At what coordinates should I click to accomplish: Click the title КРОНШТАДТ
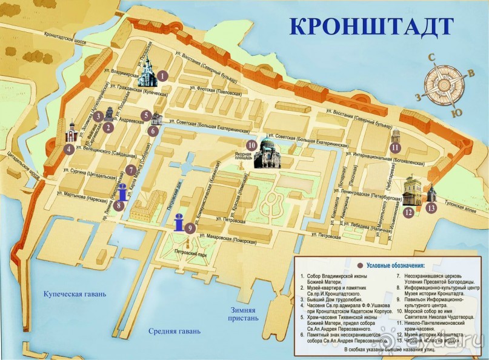click(x=371, y=26)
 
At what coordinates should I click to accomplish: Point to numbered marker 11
click(x=396, y=147)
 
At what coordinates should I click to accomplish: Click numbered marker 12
click(x=408, y=212)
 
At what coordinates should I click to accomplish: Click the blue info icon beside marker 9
click(x=179, y=222)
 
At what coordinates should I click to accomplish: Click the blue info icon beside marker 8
click(x=123, y=194)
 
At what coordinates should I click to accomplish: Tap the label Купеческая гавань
click(x=75, y=294)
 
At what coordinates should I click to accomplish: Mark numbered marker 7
click(x=130, y=170)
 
